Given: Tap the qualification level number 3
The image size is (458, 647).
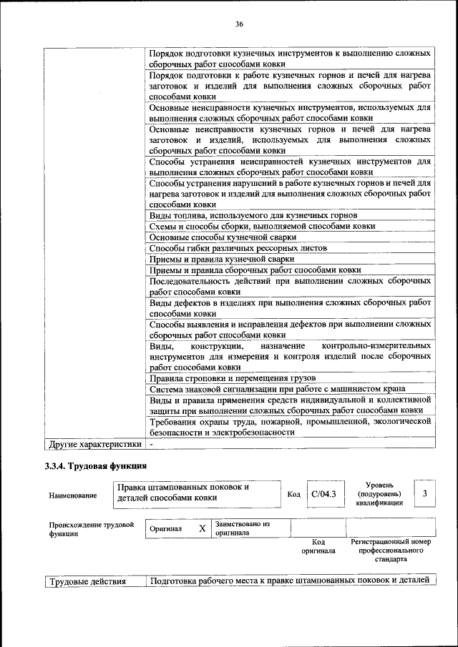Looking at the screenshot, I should click(x=425, y=493).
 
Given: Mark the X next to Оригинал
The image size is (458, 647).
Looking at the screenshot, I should click(x=202, y=528).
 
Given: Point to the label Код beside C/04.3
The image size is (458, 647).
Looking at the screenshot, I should click(x=293, y=494).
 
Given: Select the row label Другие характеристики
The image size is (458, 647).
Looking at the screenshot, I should click(x=94, y=444).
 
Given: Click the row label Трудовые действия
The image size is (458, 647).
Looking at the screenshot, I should click(x=87, y=581).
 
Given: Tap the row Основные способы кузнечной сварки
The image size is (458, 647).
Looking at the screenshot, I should click(x=229, y=237).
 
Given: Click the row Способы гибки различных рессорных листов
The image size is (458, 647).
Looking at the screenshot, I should click(x=238, y=247).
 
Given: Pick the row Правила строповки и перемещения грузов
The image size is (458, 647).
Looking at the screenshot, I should click(x=233, y=377).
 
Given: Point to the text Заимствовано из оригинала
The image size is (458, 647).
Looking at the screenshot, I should click(x=242, y=528).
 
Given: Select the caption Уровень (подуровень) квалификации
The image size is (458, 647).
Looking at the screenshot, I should click(x=379, y=493).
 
